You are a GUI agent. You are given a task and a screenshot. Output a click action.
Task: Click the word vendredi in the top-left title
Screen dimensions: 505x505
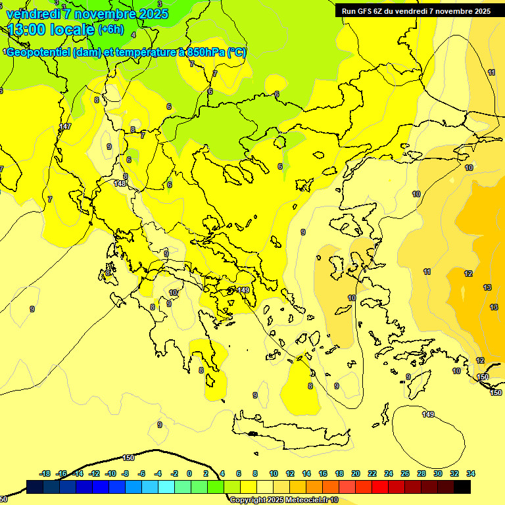pos(32,14)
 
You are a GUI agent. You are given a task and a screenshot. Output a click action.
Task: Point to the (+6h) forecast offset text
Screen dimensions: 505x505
pos(110,30)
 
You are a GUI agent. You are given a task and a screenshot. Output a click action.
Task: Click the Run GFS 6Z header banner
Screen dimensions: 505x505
pos(416,11)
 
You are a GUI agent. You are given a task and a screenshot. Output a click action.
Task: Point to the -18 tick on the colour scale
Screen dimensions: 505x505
pos(45,473)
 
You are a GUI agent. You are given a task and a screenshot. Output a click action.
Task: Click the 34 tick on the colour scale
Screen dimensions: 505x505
pos(471,473)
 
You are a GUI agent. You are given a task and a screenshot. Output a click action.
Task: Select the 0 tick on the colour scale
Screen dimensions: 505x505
pos(189,473)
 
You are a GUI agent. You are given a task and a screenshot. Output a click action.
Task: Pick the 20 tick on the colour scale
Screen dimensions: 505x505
pos(356,473)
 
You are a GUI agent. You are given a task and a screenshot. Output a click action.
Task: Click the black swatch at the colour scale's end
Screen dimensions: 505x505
pos(462,487)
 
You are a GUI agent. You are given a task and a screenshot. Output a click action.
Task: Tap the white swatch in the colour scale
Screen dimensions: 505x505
pos(266,487)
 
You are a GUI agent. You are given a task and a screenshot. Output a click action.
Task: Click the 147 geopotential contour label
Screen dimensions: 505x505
pos(64,126)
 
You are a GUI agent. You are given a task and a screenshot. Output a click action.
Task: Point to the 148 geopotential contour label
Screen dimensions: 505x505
pos(120,183)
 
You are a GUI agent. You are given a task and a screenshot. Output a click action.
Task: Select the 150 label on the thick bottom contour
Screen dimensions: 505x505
pos(128,458)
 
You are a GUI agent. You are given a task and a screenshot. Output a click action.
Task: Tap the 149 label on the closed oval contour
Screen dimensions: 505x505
pos(428,414)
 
